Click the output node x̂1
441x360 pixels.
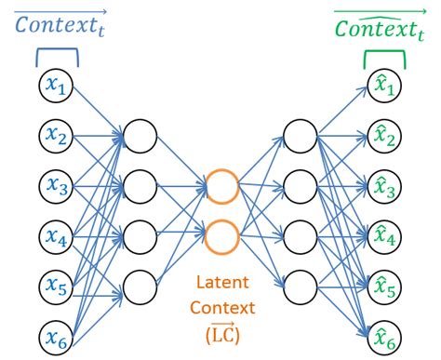tap(385, 87)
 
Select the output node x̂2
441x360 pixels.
tap(385, 137)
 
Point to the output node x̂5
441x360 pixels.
tap(385, 287)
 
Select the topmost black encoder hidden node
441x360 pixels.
tap(139, 137)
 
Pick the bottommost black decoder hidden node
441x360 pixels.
tap(301, 287)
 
